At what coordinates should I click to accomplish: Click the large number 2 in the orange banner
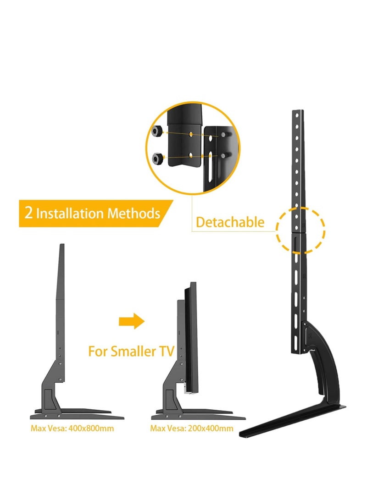click(28, 213)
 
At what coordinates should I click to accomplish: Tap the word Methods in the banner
click(133, 214)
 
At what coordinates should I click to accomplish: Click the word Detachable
click(230, 222)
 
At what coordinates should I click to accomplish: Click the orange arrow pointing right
click(131, 321)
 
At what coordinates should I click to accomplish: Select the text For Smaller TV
click(131, 352)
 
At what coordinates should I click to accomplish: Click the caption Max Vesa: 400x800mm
click(72, 429)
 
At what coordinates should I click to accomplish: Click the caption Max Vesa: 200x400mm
click(191, 429)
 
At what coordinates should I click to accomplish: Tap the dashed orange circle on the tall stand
click(300, 229)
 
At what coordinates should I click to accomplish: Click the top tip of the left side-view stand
click(62, 246)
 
